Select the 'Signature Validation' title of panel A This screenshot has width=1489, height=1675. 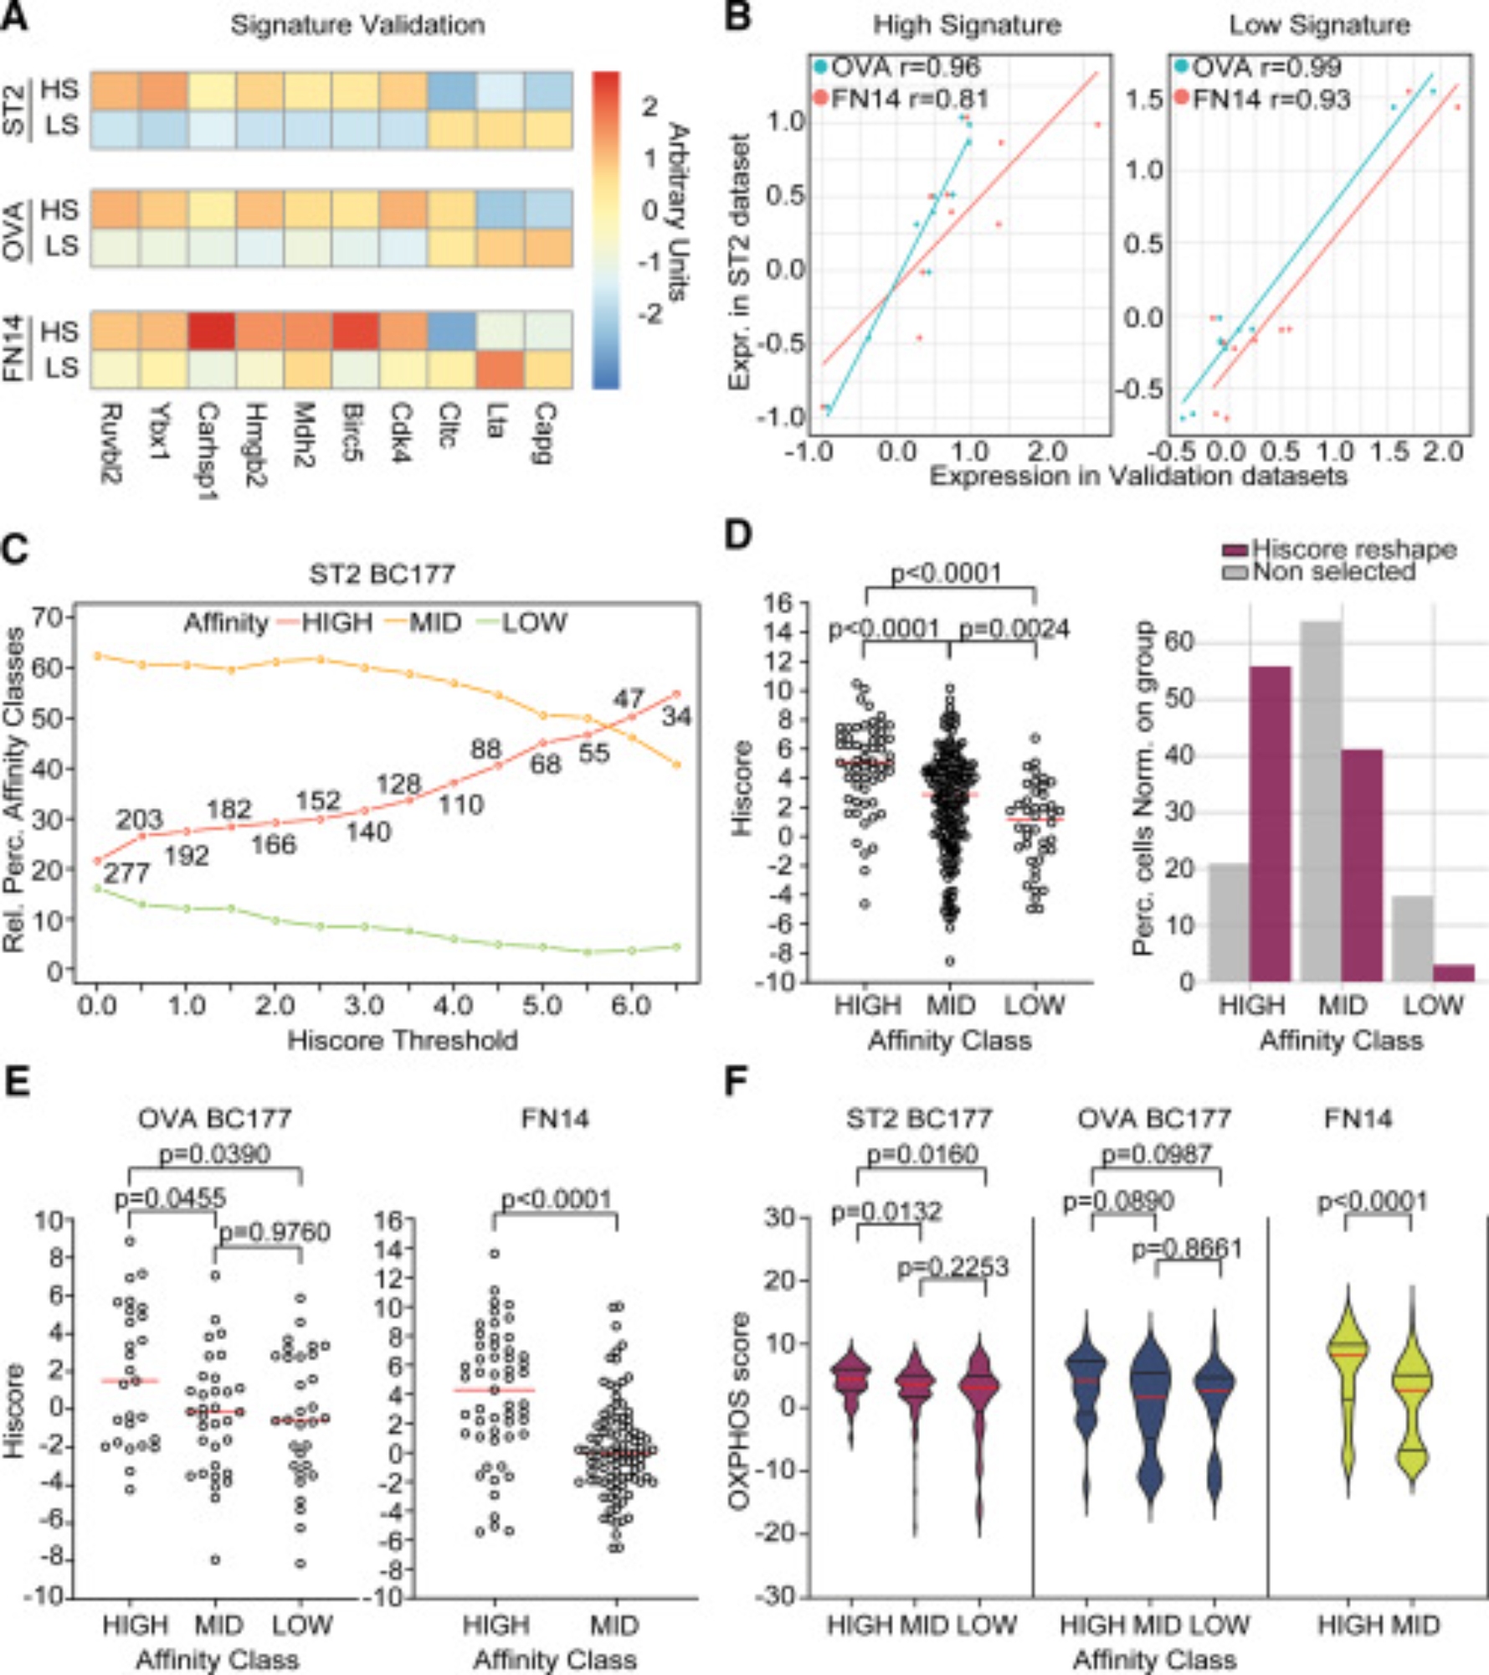tap(357, 25)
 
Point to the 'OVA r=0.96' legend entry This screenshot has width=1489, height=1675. tap(896, 68)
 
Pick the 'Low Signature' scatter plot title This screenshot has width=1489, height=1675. tap(1319, 25)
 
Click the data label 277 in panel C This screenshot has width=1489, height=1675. tap(126, 874)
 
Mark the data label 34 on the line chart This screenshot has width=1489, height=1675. tap(676, 717)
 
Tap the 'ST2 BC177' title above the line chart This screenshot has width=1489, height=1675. tap(382, 575)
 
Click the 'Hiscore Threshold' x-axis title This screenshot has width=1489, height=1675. tap(403, 1040)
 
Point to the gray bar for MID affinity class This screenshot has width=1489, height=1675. tap(1320, 801)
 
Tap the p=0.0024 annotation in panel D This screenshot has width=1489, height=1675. tap(1014, 628)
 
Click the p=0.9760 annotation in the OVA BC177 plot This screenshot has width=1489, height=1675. tap(275, 1232)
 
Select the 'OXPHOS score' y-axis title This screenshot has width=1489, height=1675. tap(738, 1411)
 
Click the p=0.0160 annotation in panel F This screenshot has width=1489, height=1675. tap(922, 1155)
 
